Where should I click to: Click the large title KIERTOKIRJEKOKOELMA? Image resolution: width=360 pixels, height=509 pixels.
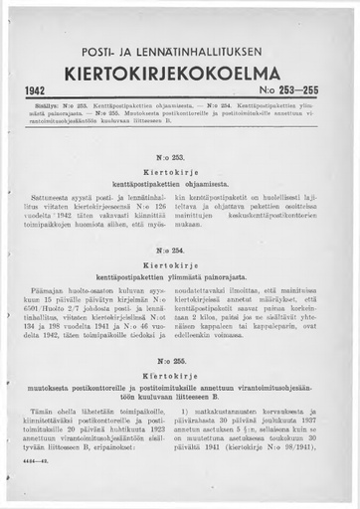(179, 74)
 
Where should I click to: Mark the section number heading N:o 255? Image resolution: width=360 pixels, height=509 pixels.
(181, 361)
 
